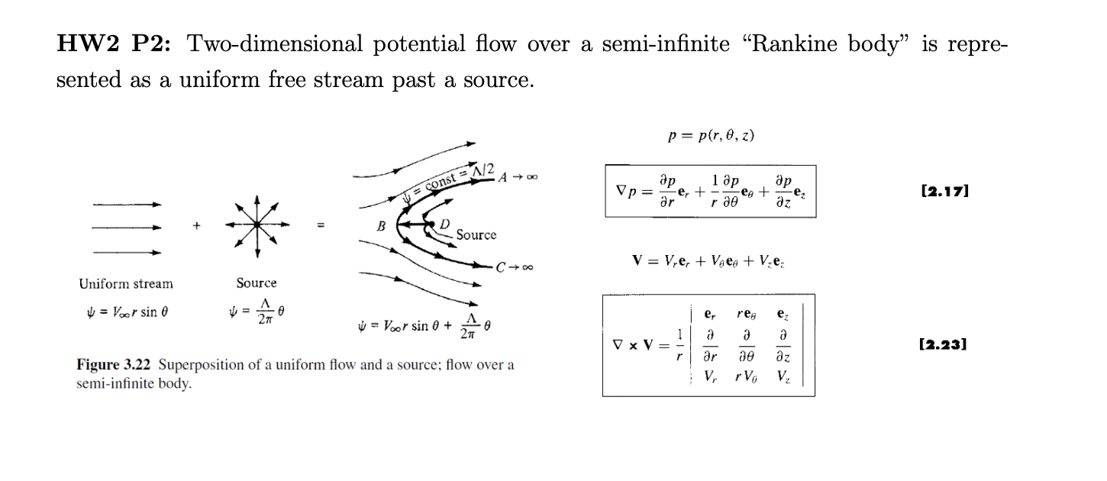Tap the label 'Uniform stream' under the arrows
pos(126,284)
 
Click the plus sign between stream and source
pos(197,226)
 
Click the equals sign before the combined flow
pos(321,226)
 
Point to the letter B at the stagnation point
pos(380,226)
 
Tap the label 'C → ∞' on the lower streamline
pos(514,267)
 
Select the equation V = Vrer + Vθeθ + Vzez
pos(708,263)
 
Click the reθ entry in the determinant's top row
pos(746,314)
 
